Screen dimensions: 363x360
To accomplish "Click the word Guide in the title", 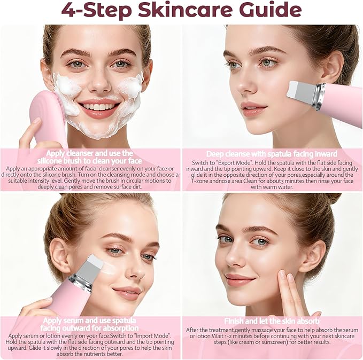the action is pyautogui.click(x=271, y=10).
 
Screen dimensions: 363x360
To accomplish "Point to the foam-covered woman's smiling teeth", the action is pyautogui.click(x=99, y=107).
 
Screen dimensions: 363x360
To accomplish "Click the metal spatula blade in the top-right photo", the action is pyautogui.click(x=302, y=91).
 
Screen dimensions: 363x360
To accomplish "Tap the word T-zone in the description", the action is pyautogui.click(x=199, y=181).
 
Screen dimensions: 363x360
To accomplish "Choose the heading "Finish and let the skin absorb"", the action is pyautogui.click(x=272, y=321).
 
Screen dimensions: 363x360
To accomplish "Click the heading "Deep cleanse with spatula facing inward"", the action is pyautogui.click(x=272, y=154).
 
